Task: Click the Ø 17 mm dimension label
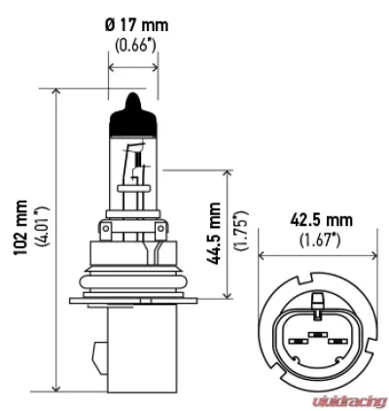137,25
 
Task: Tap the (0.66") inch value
136,46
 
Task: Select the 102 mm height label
20,228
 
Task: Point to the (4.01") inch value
43,226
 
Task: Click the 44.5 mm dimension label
214,233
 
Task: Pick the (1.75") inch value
241,230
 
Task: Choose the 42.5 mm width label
321,220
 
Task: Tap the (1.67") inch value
320,241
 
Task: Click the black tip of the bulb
133,114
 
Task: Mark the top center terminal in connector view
317,334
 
